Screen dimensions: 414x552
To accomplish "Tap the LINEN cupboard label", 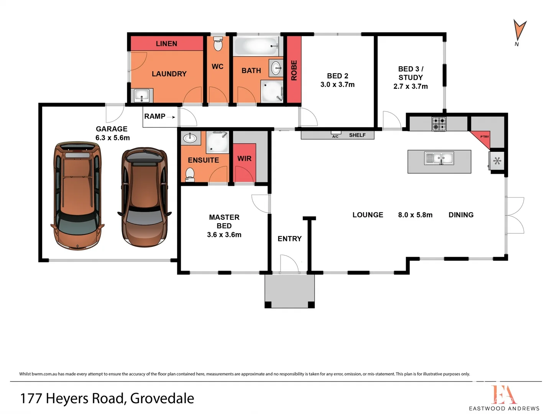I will tap(166, 44).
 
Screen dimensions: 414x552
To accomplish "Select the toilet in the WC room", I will tap(218, 44).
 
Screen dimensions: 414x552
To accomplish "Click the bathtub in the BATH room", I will tap(256, 46).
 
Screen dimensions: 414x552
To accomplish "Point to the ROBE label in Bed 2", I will tap(294, 70).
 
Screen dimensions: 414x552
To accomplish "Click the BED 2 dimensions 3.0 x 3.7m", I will tap(337, 85).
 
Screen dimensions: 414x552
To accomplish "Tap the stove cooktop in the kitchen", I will tap(439, 124).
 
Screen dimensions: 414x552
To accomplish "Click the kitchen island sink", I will tap(439, 158).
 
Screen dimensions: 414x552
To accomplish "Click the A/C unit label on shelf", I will tap(335, 136).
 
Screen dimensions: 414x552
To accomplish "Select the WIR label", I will tap(244, 159).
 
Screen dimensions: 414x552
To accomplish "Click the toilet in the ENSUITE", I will tap(190, 174).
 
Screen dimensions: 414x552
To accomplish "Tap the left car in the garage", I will tap(77, 195).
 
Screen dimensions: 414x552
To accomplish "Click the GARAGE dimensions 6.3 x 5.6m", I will tap(112, 138).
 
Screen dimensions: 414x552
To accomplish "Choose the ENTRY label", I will tap(289, 239).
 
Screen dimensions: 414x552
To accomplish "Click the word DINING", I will tap(461, 215).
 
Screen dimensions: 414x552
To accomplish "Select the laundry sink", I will tap(141, 95).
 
